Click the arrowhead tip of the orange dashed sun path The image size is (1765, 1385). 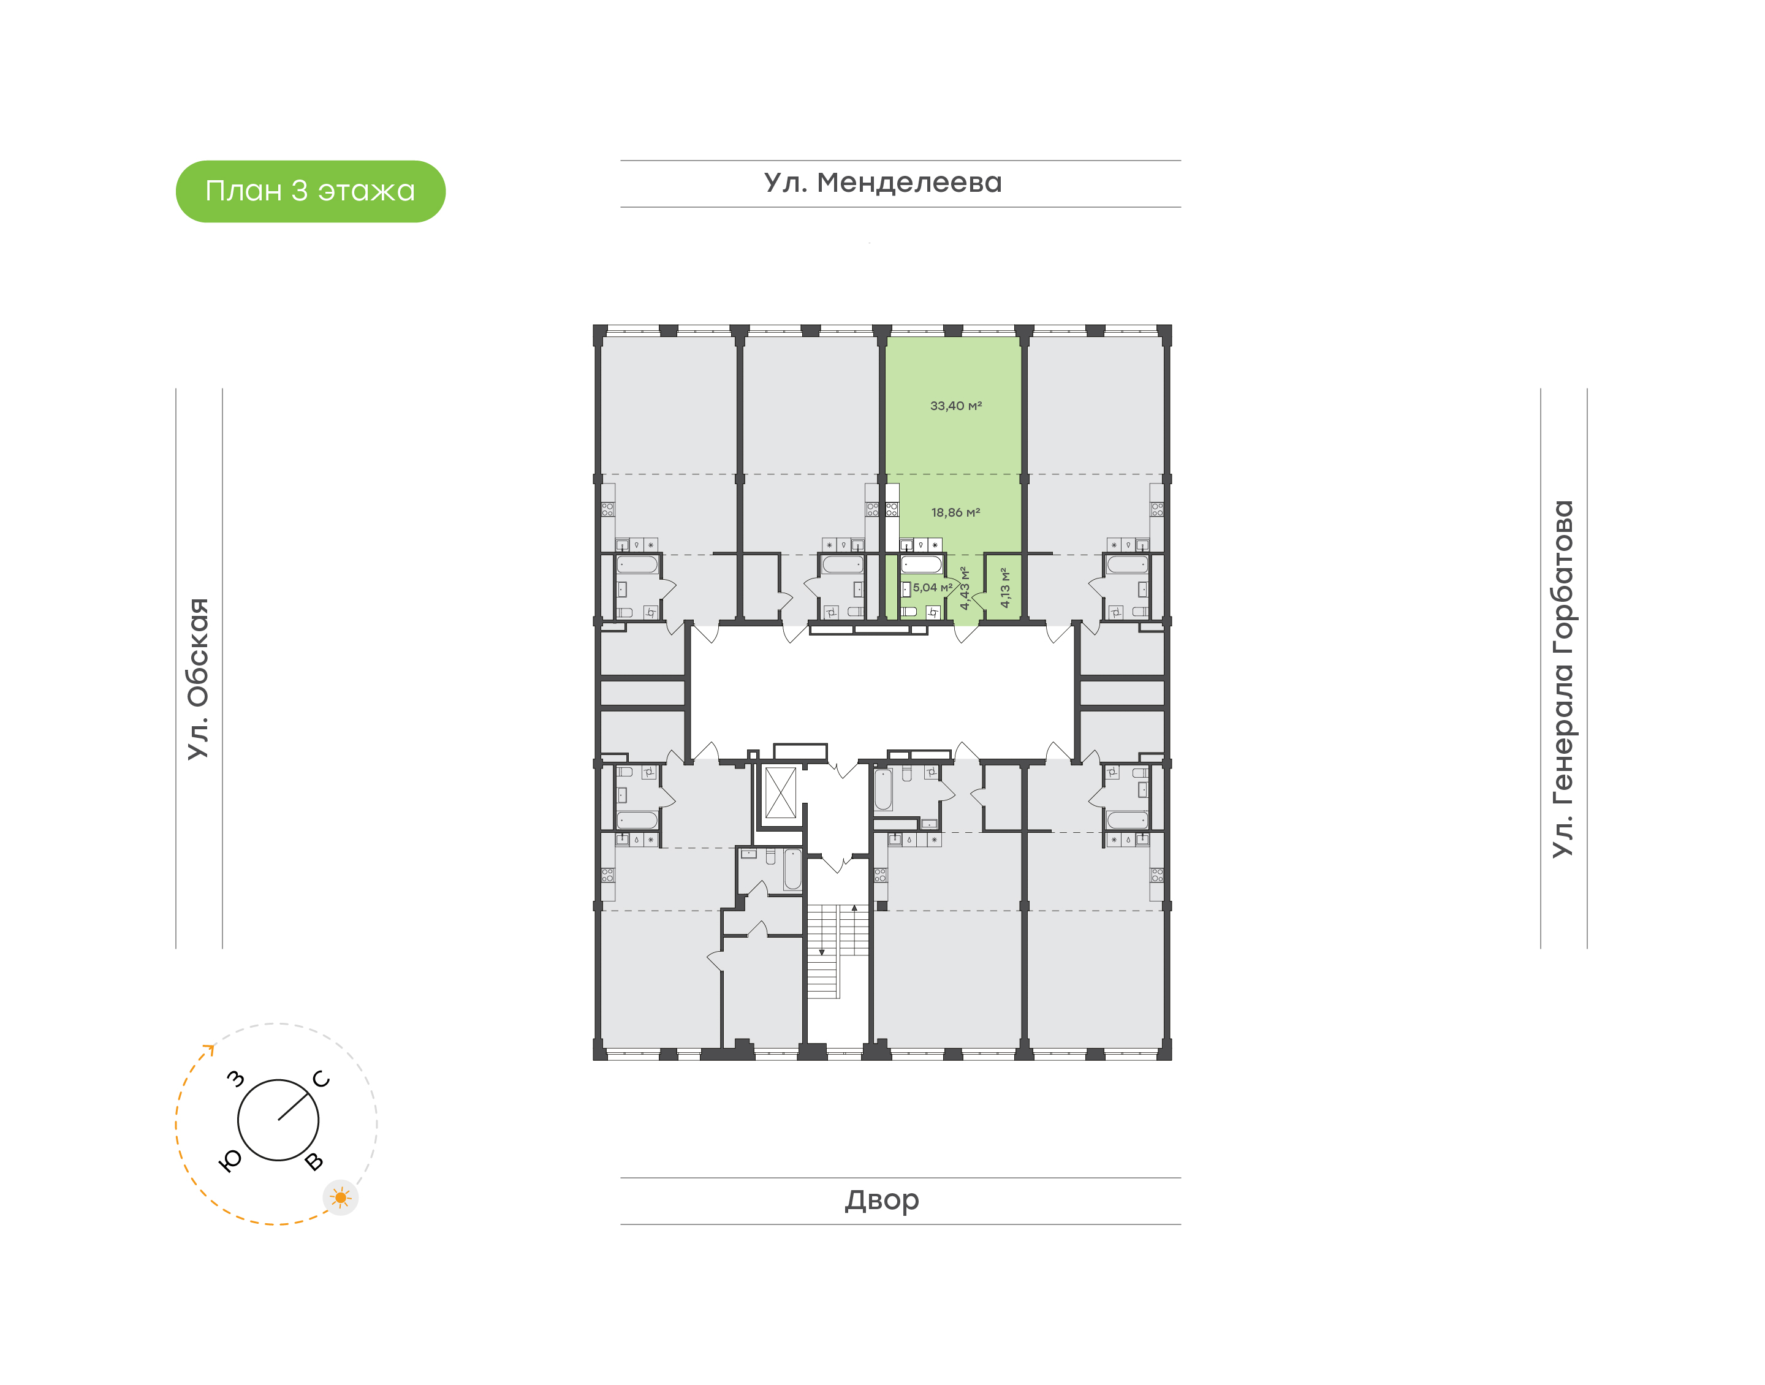213,1046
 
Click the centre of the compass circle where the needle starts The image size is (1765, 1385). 278,1120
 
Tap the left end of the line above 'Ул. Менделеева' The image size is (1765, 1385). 621,161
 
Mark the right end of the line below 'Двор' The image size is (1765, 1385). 1180,1224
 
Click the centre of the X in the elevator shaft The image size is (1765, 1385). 781,792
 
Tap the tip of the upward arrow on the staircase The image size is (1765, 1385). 854,906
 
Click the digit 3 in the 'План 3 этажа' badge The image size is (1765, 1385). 299,191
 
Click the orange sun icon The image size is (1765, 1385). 341,1197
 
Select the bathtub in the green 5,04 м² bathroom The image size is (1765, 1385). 922,564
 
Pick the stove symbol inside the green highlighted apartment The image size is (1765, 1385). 891,509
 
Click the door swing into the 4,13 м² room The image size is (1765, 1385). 979,601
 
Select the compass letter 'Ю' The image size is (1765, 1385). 231,1161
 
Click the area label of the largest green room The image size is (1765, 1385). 956,406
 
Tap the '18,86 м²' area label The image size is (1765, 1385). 956,512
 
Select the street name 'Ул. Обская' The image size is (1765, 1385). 199,679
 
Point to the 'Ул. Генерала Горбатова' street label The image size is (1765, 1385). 1562,679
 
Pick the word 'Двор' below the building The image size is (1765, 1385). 882,1200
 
